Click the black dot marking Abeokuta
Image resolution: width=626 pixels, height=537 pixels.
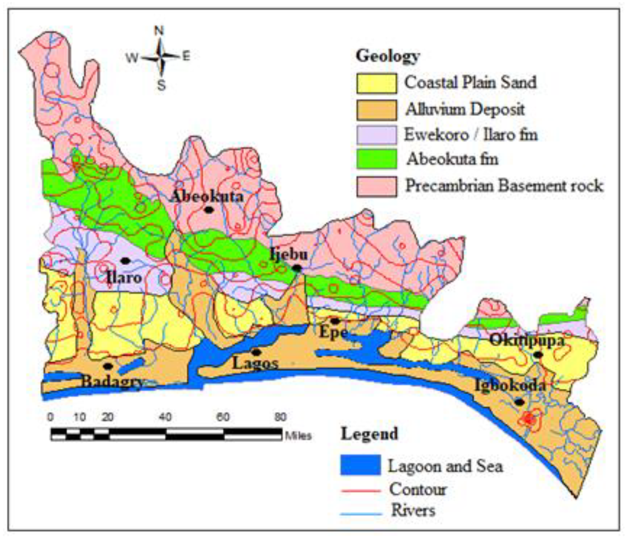pyautogui.click(x=208, y=210)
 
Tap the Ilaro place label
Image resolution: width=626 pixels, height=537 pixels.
pyautogui.click(x=124, y=277)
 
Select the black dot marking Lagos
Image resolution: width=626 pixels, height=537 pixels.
pyautogui.click(x=256, y=352)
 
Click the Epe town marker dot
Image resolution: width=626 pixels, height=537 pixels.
pyautogui.click(x=335, y=321)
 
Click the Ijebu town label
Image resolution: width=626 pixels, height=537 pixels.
pyautogui.click(x=289, y=254)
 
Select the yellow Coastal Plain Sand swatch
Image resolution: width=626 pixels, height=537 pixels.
pyautogui.click(x=376, y=83)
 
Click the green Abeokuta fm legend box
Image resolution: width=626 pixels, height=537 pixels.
pyautogui.click(x=376, y=159)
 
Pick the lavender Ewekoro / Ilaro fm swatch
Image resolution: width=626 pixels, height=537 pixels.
pyautogui.click(x=376, y=135)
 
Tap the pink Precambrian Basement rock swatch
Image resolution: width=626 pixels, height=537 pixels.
pyautogui.click(x=376, y=186)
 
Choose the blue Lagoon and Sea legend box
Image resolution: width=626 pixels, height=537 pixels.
pyautogui.click(x=361, y=465)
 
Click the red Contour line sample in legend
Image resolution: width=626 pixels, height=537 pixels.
pyautogui.click(x=361, y=491)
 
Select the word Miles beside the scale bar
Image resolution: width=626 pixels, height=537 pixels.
pyautogui.click(x=298, y=436)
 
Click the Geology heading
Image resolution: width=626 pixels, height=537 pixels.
pyautogui.click(x=388, y=56)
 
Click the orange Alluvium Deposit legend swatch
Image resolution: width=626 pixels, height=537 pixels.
pyautogui.click(x=376, y=110)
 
